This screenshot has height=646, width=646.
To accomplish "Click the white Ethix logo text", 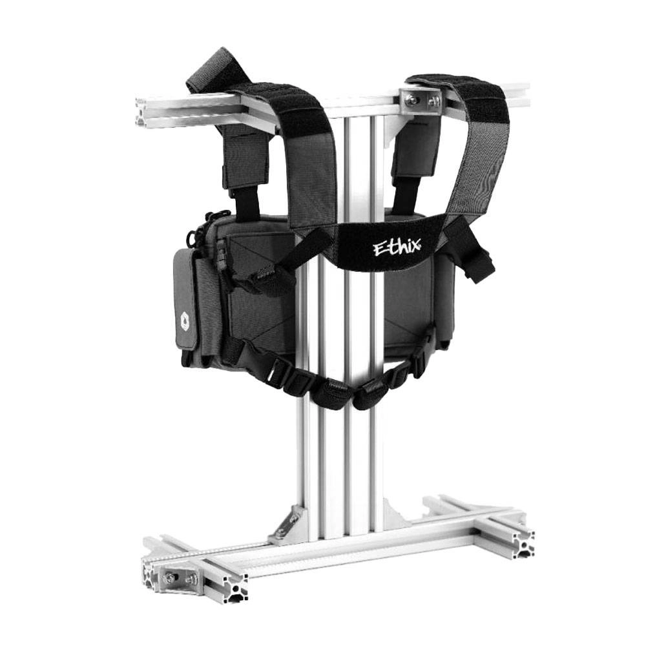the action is coord(397,247).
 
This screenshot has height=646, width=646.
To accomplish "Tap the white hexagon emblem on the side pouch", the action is coord(184,318).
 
